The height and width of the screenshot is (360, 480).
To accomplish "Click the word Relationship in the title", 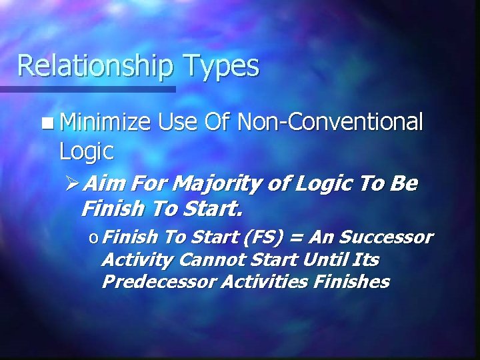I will [95, 66].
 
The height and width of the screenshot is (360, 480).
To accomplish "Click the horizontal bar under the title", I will [87, 89].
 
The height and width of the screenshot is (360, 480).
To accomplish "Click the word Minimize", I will [104, 123].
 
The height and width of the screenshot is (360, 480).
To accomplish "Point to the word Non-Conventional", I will [330, 123].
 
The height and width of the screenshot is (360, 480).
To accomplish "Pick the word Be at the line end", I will [404, 184].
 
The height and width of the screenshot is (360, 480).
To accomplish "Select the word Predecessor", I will [159, 281].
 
